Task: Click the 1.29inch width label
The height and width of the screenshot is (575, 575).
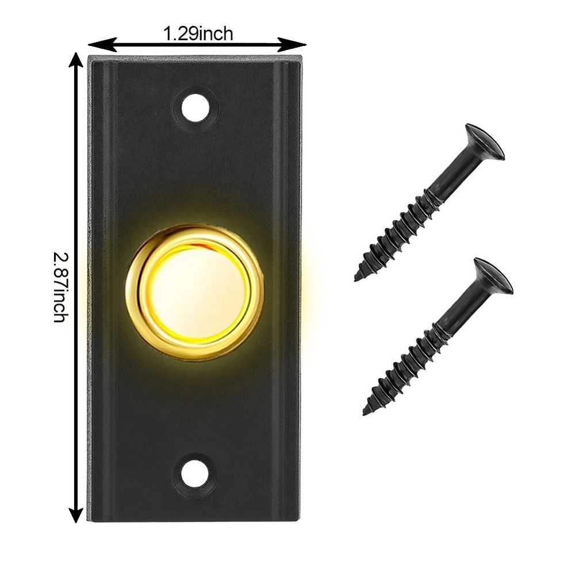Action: (198, 34)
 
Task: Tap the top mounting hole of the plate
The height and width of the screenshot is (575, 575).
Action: (195, 108)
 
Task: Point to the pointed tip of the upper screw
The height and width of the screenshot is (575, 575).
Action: (358, 278)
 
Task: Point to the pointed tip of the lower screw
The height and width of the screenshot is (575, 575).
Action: (366, 412)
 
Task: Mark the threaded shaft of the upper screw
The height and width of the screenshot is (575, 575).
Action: (402, 230)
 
